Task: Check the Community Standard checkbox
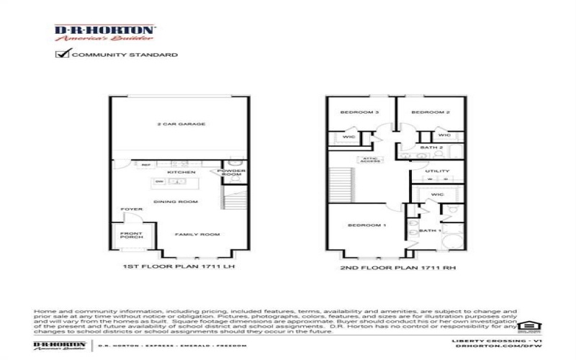coord(62,54)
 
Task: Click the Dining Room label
coord(176,202)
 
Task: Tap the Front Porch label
coord(131,234)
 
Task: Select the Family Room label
coord(199,235)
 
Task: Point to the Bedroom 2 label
coord(434,112)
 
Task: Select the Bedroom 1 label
coord(367,225)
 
